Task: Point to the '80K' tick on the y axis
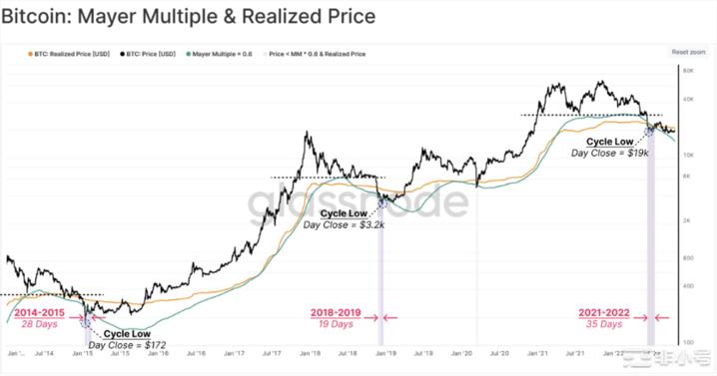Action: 688,71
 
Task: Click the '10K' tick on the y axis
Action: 688,152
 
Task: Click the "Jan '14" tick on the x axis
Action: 15,353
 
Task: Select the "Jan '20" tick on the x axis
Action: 460,353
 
